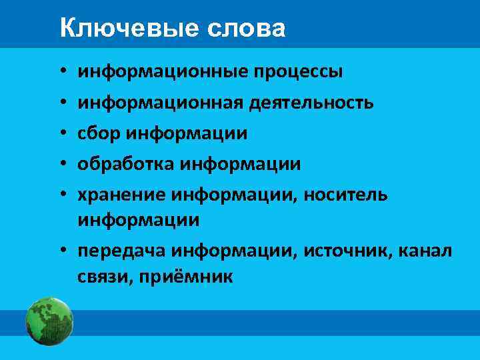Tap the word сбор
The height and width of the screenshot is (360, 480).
pos(96,133)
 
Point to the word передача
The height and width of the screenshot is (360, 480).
pos(121,251)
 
